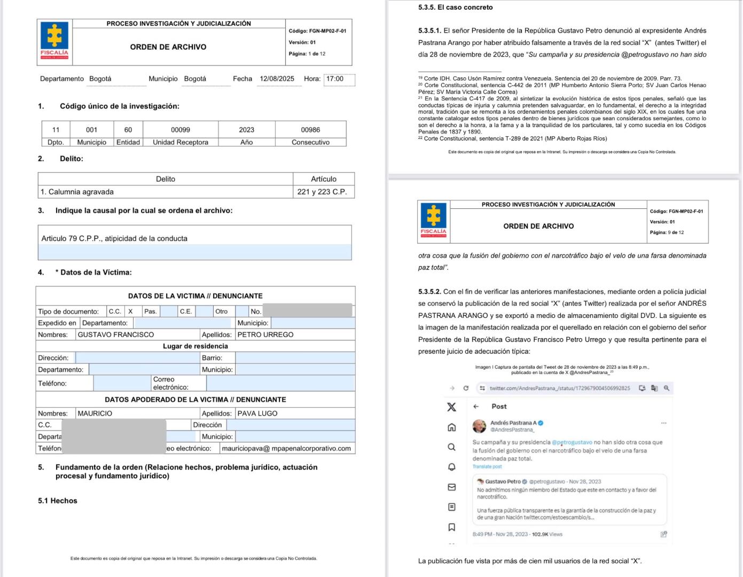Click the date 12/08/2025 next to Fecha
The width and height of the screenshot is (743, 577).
[x=277, y=79]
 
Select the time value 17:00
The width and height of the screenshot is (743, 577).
[x=335, y=79]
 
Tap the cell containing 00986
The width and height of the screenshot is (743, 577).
[x=310, y=130]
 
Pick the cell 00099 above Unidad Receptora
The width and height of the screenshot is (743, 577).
[x=181, y=130]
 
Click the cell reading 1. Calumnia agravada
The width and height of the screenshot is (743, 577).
[x=77, y=192]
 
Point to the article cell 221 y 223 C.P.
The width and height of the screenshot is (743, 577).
[x=322, y=192]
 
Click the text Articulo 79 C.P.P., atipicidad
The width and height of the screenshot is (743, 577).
[x=114, y=239]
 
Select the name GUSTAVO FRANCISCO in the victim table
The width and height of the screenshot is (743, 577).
[x=116, y=335]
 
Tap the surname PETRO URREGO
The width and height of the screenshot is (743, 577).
[x=265, y=335]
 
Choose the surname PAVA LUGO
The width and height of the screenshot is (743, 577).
[x=257, y=414]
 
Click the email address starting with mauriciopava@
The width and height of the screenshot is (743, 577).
[x=286, y=449]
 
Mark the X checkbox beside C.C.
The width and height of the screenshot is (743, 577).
[x=130, y=311]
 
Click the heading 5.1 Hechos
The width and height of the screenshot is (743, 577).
[x=58, y=501]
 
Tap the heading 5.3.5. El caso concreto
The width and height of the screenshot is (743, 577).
[x=455, y=7]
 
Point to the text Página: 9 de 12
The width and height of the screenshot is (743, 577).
[x=667, y=232]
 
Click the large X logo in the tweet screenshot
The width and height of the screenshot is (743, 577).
[x=451, y=407]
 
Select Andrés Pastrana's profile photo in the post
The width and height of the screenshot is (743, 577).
[x=479, y=426]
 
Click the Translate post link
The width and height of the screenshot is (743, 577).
[x=487, y=467]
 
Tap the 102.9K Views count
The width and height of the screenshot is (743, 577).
[x=547, y=534]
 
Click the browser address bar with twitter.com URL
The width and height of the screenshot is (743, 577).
[x=559, y=388]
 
